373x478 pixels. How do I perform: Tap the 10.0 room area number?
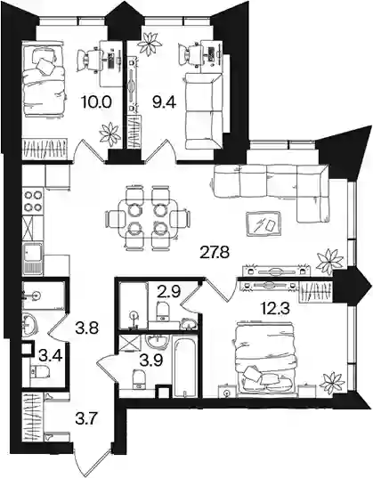(x=96, y=101)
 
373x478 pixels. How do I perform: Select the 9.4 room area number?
(x=165, y=102)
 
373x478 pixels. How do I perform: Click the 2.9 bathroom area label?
(x=169, y=291)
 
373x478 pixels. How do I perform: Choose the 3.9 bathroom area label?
(x=151, y=360)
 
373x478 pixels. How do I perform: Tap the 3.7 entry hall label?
(x=86, y=419)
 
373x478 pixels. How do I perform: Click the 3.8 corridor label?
(x=86, y=328)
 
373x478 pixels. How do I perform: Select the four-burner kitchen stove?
(x=33, y=200)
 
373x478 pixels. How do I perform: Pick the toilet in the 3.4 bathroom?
(x=40, y=371)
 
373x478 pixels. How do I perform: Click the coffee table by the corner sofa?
(x=264, y=223)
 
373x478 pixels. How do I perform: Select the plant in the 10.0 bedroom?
(x=109, y=133)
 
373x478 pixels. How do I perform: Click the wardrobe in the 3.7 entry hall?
(x=32, y=417)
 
